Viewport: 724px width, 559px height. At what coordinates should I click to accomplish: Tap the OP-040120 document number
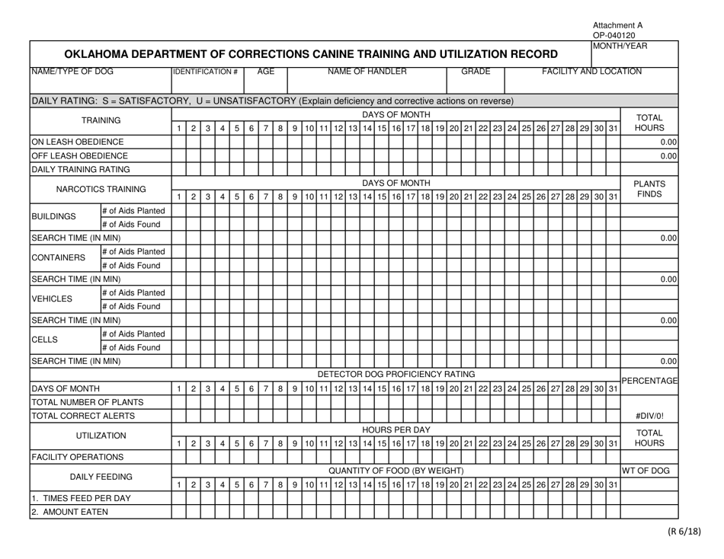[614, 34]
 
